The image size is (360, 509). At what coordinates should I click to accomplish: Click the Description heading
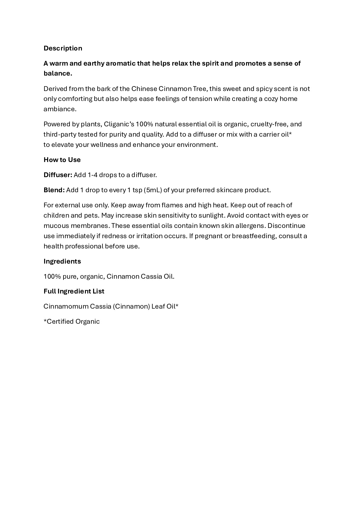point(63,48)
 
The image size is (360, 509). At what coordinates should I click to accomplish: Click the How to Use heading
point(62,160)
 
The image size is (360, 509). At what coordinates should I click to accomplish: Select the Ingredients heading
point(62,261)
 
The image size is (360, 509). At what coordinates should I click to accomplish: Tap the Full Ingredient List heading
point(74,291)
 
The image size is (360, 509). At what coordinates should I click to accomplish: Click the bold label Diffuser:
point(58,175)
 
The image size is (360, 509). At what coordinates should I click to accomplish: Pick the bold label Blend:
point(54,190)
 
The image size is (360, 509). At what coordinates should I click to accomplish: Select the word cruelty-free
point(268,124)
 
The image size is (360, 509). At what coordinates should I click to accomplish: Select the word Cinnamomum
point(66,306)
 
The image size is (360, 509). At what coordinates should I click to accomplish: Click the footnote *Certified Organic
point(72,322)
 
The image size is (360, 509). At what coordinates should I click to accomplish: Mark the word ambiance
point(59,109)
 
